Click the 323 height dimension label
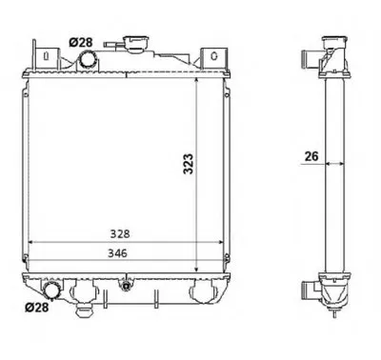(x=189, y=164)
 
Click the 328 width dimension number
(x=120, y=234)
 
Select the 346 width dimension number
(x=117, y=253)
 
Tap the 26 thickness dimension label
(x=311, y=156)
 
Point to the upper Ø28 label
(x=81, y=42)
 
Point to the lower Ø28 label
(x=37, y=307)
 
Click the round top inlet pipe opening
(x=88, y=59)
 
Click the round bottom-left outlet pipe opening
(x=51, y=290)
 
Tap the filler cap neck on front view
(x=138, y=44)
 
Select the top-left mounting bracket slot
(x=47, y=56)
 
